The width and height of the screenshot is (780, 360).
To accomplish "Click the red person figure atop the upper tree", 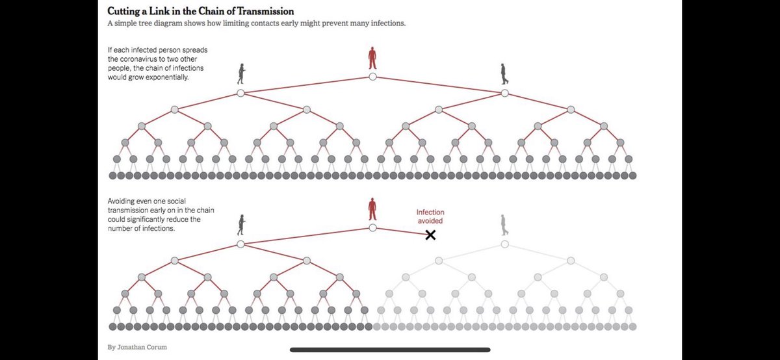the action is (x=372, y=58).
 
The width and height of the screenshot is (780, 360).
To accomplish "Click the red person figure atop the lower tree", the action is (x=372, y=209).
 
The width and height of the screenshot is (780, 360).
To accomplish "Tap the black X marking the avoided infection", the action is (x=430, y=235).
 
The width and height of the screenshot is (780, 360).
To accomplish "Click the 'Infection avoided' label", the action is (x=430, y=216).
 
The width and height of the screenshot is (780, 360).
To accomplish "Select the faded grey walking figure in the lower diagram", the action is (x=504, y=225).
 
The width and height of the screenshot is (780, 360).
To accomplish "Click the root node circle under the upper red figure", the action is (x=372, y=77).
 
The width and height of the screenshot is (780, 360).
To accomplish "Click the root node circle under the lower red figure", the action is (x=372, y=227).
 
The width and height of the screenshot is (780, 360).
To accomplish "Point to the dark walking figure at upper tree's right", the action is (x=504, y=74).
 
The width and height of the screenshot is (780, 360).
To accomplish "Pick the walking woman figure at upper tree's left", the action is (x=241, y=74).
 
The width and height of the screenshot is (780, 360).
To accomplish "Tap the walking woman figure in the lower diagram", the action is (x=241, y=225).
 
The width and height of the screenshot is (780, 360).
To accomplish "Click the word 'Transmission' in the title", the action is (x=266, y=11).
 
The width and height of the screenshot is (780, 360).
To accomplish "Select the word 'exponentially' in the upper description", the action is (x=167, y=77).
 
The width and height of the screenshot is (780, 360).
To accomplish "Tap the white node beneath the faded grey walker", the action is (x=504, y=244).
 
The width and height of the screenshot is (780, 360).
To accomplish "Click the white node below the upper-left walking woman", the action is (x=240, y=93).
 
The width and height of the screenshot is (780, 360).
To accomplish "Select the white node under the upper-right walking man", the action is (x=504, y=93).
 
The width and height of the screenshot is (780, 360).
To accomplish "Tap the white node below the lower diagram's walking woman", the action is (x=240, y=244).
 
